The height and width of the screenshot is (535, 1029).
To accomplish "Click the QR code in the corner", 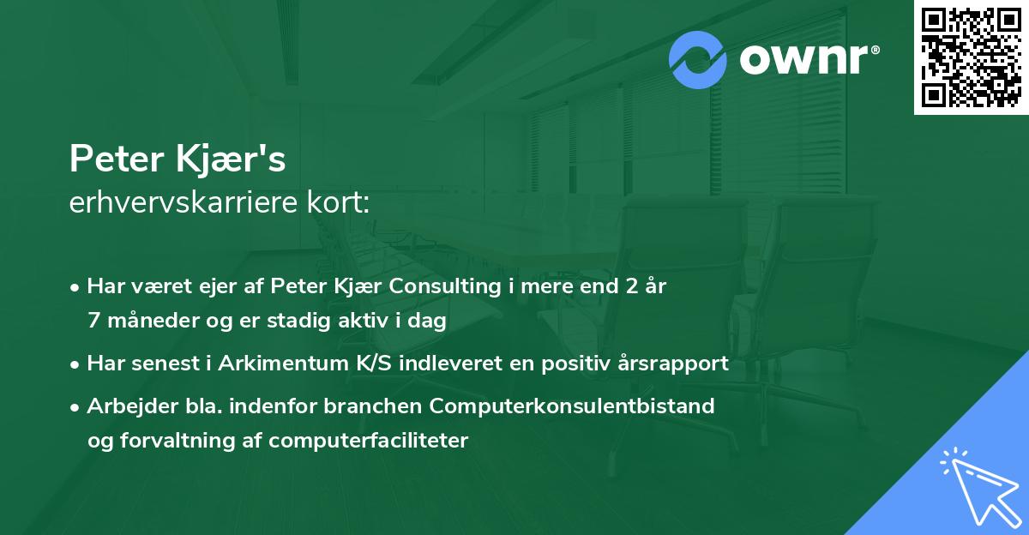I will (x=972, y=57).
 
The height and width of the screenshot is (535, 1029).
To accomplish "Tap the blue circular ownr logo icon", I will (x=699, y=59).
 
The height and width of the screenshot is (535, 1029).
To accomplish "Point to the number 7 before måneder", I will (x=93, y=321).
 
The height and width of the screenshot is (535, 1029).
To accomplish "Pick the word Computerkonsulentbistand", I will (x=574, y=406).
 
